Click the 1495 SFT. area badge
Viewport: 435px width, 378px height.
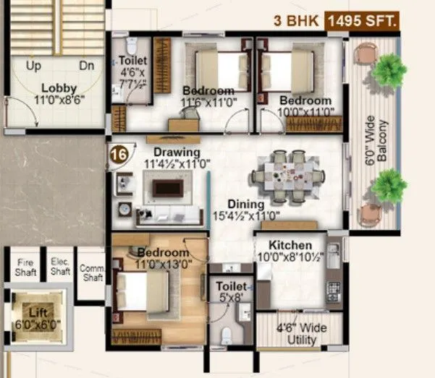pos(362,22)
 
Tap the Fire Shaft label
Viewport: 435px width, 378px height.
pos(26,267)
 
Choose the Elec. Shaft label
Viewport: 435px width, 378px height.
pos(60,267)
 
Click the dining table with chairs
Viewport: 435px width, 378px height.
pos(288,176)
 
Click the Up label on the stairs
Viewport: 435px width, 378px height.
pos(33,66)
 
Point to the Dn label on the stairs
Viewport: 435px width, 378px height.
pos(87,66)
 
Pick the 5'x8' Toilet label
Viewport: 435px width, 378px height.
pos(231,292)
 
